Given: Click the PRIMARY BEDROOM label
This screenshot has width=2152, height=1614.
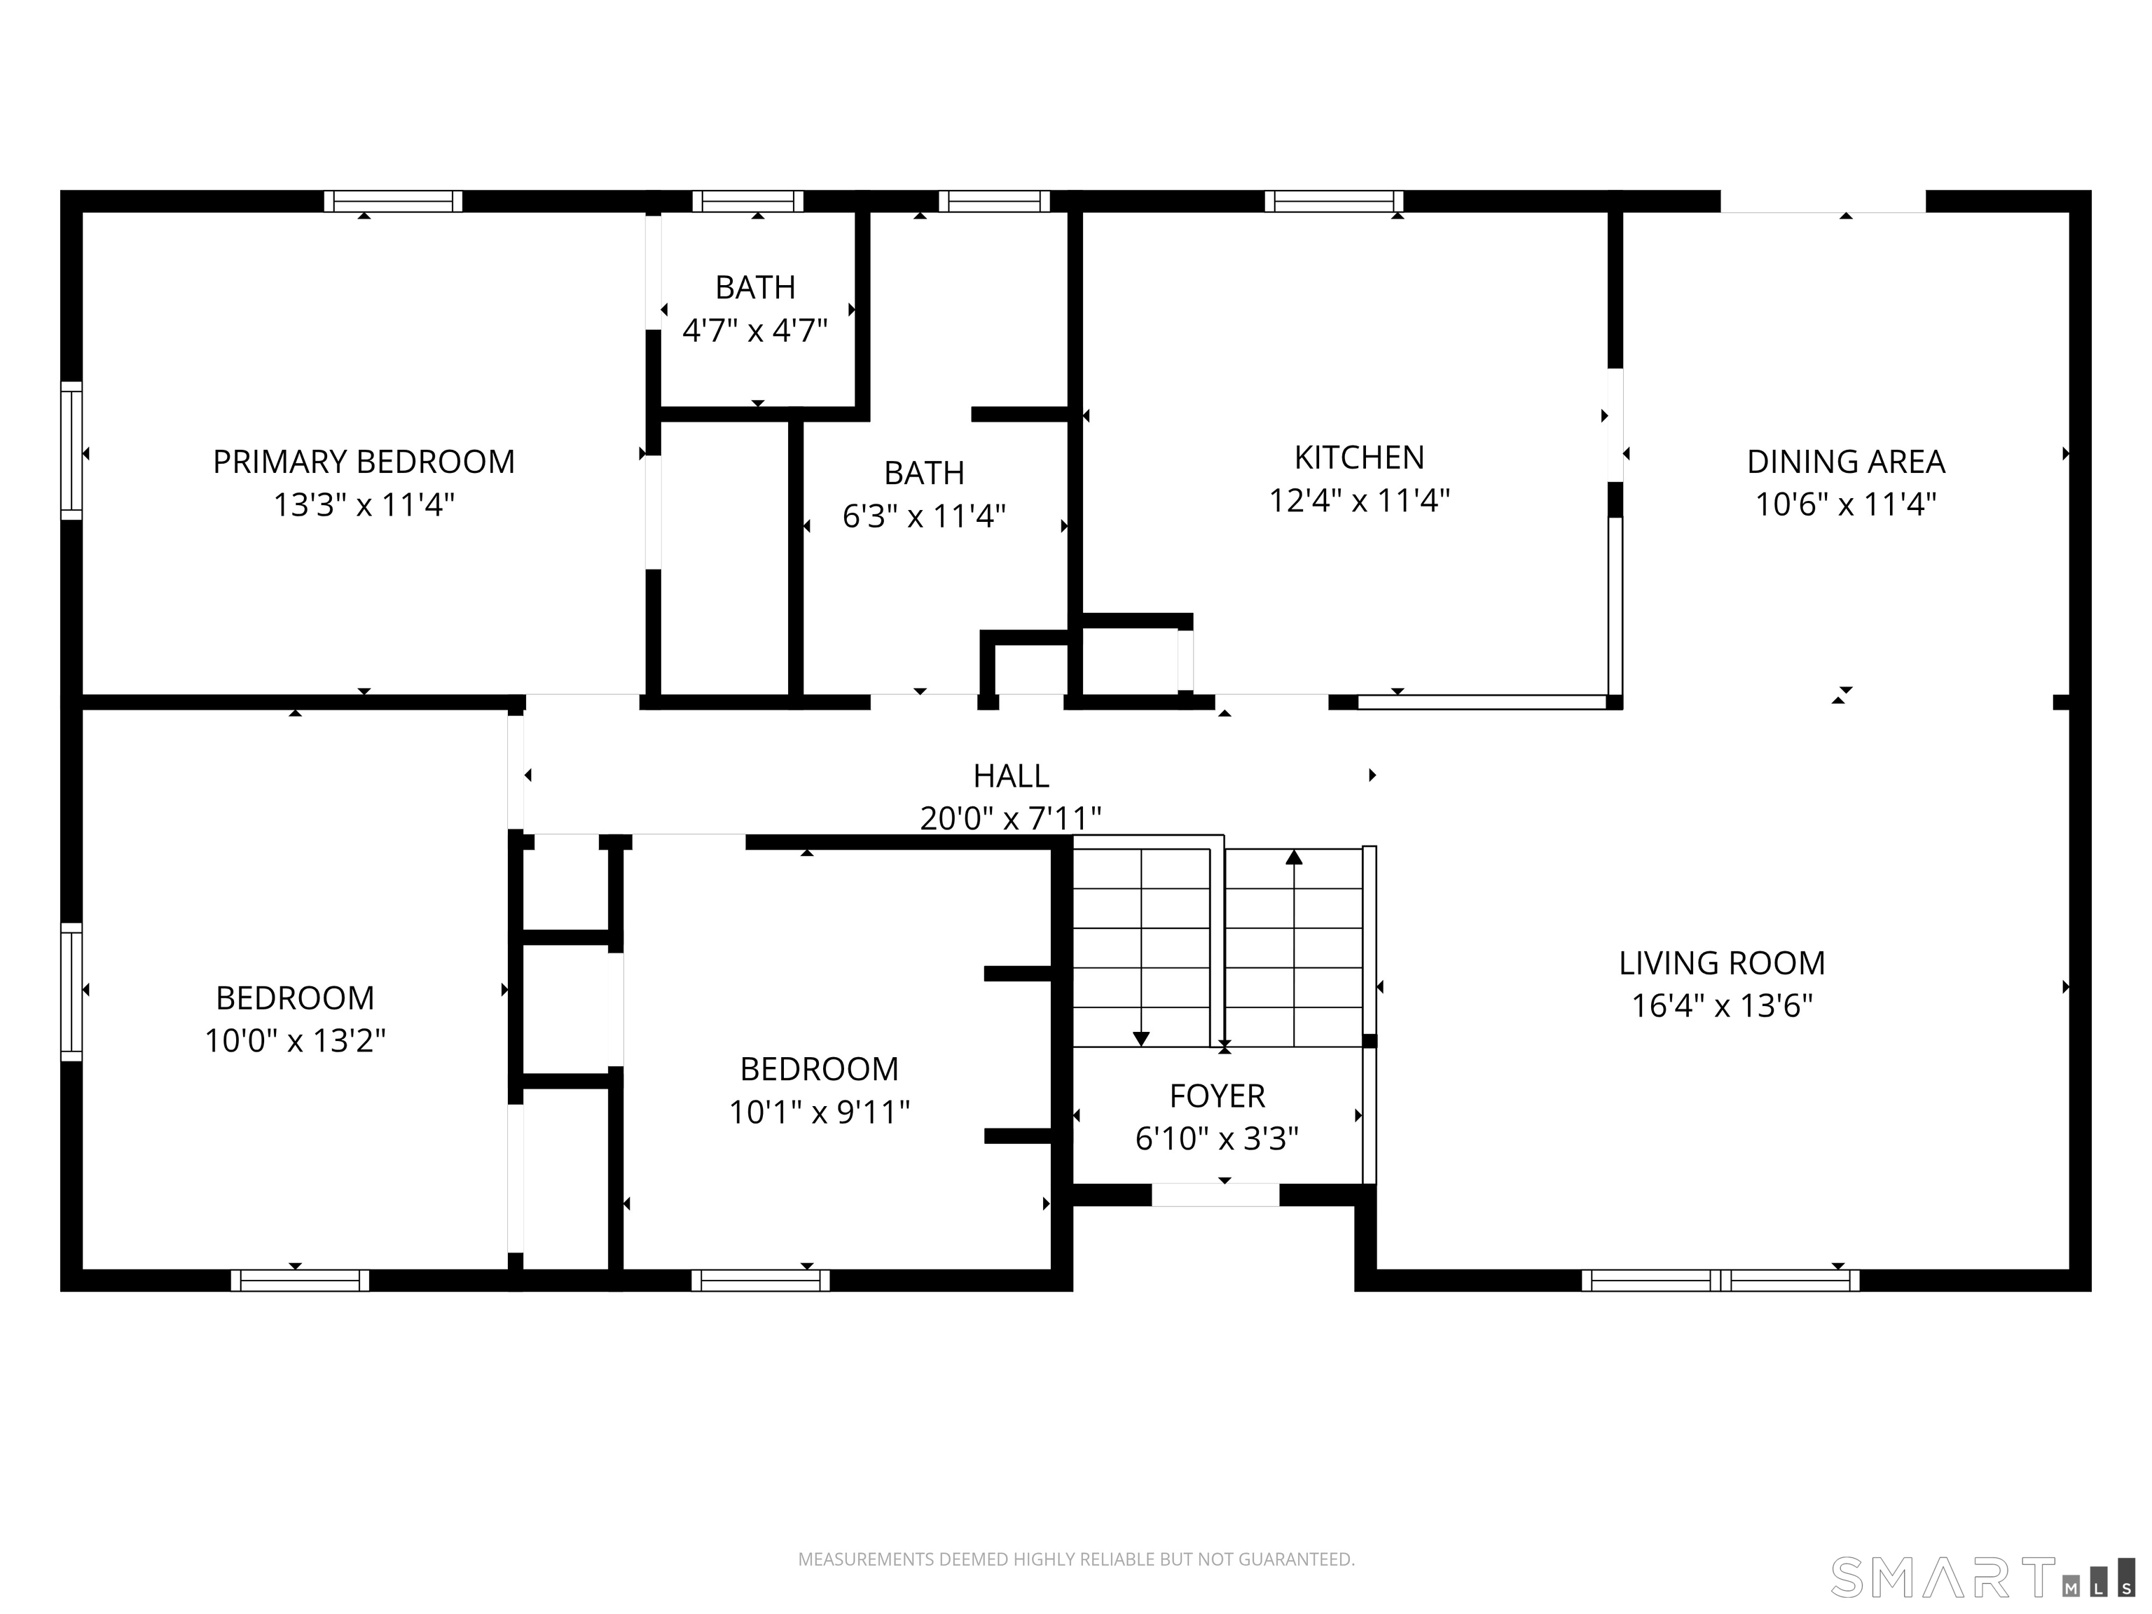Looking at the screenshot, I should click(x=364, y=461).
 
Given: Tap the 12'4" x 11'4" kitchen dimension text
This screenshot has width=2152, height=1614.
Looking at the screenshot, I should click(x=1359, y=500).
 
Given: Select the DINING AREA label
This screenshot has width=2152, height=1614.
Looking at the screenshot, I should click(x=1846, y=461).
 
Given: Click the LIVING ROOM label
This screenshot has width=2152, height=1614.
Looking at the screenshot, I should click(x=1722, y=963).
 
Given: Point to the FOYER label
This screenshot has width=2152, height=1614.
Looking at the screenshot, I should click(x=1217, y=1096).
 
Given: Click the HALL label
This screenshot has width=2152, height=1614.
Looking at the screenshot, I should click(x=1011, y=775).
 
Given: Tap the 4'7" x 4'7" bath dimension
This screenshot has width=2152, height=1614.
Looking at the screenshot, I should click(x=755, y=331).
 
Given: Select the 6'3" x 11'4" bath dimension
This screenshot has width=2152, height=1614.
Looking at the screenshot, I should click(x=923, y=516).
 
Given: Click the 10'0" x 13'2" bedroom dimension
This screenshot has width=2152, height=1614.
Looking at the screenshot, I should click(x=295, y=1041).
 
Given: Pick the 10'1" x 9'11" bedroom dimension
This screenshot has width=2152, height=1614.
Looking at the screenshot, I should click(x=819, y=1111).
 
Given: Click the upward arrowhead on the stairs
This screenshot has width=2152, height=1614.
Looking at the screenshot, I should click(x=1294, y=857).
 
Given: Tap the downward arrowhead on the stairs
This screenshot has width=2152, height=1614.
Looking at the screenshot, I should click(x=1141, y=1038).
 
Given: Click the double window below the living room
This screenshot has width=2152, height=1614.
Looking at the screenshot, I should click(x=1720, y=1281).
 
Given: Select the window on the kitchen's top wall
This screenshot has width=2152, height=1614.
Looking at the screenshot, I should click(x=1334, y=201).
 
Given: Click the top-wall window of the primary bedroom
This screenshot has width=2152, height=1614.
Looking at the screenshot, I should click(x=393, y=201).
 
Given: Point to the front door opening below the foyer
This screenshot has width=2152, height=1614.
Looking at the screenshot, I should click(x=1215, y=1194).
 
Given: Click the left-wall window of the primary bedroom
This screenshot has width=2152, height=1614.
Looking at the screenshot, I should click(x=71, y=450).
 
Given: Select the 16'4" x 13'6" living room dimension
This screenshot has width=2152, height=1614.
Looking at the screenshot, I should click(x=1722, y=1005).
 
